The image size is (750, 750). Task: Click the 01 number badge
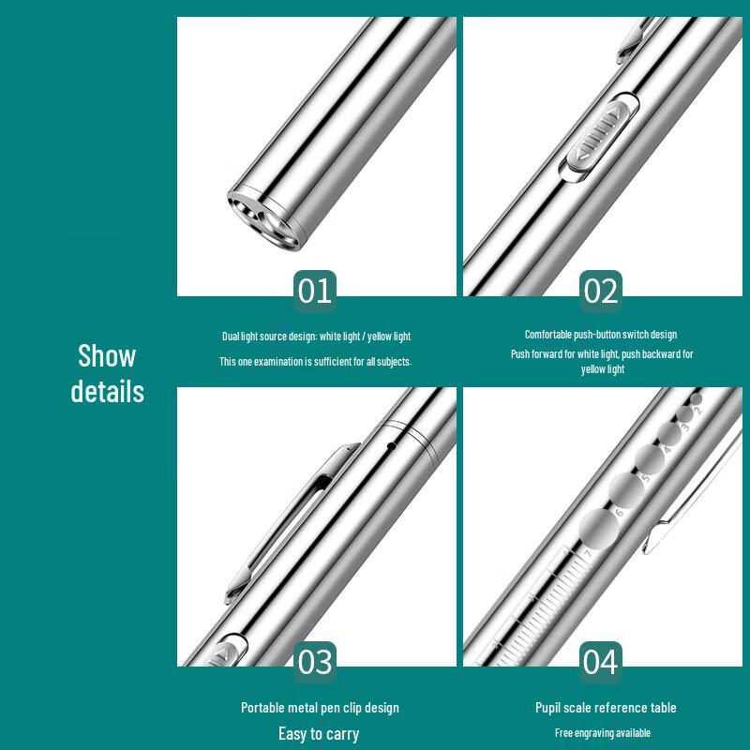pos(315,292)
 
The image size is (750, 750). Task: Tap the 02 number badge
pos(601,292)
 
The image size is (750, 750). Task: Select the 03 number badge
pos(315,662)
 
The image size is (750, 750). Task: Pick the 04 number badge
pos(600,662)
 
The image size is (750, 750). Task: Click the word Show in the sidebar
pos(107,356)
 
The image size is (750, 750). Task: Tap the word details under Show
pos(108,391)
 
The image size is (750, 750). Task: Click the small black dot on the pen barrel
pos(391,446)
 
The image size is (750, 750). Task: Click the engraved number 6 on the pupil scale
pos(619,512)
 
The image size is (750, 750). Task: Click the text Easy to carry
pos(319,733)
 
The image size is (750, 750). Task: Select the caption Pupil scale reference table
pos(606,708)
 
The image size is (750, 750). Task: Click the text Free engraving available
pos(603,733)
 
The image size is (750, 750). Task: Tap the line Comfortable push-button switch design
pos(601,335)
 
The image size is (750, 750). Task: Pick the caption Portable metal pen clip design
pos(320,708)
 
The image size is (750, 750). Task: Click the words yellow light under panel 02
pos(603,369)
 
